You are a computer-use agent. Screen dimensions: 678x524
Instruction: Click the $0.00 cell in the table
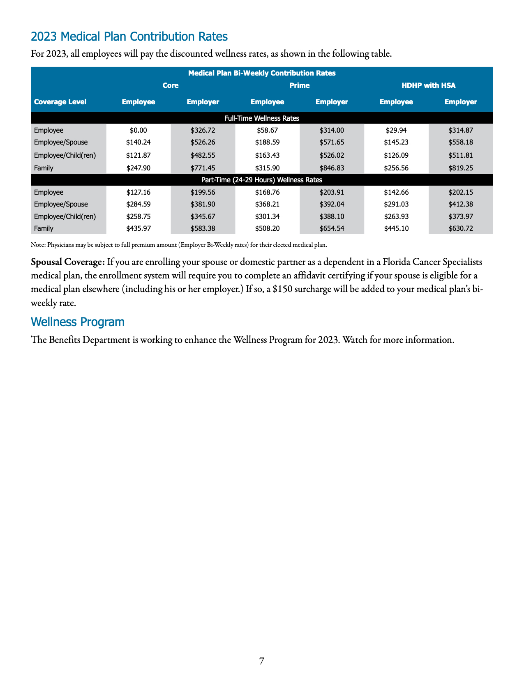tap(138, 130)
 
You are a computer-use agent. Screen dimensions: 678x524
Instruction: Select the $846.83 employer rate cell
tap(332, 168)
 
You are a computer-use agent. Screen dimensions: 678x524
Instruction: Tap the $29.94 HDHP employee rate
tap(396, 130)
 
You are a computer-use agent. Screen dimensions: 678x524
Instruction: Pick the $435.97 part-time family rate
tap(138, 228)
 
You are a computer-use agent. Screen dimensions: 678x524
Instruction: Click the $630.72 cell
tap(461, 228)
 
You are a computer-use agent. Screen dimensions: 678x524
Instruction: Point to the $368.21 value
tap(267, 204)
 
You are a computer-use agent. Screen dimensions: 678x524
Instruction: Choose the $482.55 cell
tap(203, 155)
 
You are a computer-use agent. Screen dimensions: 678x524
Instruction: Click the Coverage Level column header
tap(60, 102)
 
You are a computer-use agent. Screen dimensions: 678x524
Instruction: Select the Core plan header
tap(171, 85)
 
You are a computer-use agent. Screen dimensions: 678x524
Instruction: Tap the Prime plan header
tap(299, 85)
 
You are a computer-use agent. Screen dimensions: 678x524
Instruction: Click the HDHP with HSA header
tap(428, 85)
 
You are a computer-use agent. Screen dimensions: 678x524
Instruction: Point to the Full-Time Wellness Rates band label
tap(262, 118)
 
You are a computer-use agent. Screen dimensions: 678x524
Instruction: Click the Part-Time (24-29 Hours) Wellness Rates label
tap(262, 180)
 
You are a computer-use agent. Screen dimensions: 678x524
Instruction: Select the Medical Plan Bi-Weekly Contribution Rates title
tap(262, 73)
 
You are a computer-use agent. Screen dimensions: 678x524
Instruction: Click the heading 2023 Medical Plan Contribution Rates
tap(129, 37)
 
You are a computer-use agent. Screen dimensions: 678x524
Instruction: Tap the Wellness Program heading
tap(78, 322)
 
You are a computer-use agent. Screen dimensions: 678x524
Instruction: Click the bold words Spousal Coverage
tap(68, 262)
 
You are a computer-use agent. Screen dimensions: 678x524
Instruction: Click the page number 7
tap(262, 661)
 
